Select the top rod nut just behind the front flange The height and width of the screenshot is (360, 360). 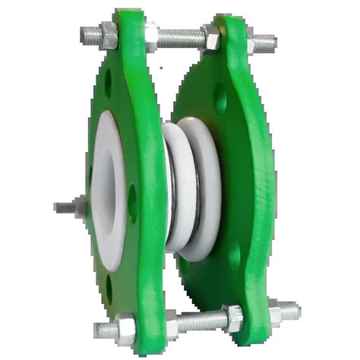152,36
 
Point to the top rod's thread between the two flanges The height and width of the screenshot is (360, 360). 181,35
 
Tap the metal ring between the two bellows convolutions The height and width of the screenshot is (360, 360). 188,190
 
